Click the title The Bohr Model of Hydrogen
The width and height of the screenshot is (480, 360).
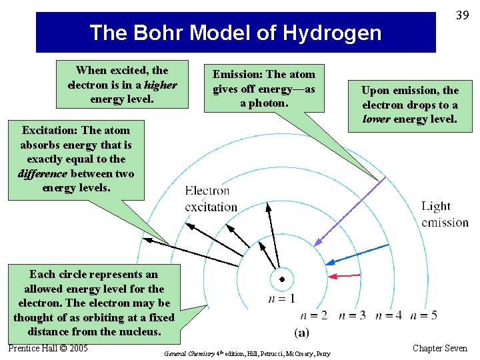[235, 32]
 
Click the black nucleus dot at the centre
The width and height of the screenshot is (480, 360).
[282, 279]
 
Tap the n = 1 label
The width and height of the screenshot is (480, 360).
[281, 299]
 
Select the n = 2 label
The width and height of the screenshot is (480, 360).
[314, 315]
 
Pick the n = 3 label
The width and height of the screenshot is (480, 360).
[352, 315]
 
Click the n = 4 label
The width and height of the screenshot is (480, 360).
[389, 315]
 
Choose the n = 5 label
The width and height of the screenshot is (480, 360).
[424, 315]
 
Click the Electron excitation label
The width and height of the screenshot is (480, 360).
[211, 199]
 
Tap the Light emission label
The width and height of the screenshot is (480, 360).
[445, 214]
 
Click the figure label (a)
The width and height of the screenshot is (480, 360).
[301, 331]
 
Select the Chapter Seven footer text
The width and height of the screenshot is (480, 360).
[440, 348]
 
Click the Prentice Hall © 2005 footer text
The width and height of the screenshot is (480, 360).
[48, 348]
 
